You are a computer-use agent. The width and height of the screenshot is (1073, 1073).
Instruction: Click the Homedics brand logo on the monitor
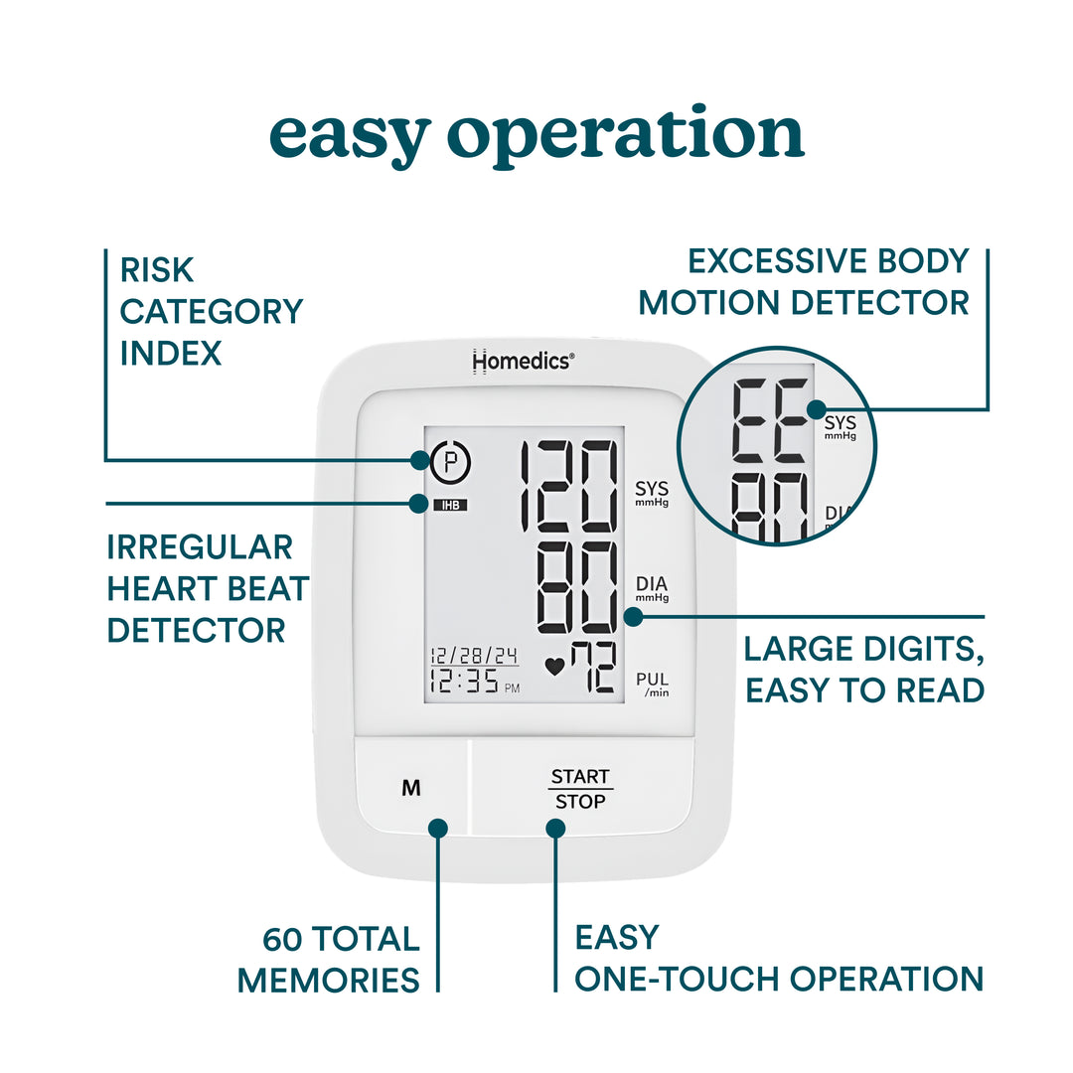(522, 362)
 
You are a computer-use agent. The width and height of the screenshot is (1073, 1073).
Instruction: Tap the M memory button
(411, 788)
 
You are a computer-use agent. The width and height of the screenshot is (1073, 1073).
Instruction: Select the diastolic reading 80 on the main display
(576, 588)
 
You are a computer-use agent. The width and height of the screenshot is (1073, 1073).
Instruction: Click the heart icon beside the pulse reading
(554, 668)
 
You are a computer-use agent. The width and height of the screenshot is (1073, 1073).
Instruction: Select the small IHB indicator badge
(449, 505)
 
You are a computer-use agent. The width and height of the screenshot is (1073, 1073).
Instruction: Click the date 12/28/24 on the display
(474, 656)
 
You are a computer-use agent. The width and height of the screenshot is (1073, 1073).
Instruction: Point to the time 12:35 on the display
(465, 683)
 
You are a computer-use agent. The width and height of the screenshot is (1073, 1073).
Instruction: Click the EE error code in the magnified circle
(769, 421)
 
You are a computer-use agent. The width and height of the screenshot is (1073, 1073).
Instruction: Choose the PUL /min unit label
(653, 685)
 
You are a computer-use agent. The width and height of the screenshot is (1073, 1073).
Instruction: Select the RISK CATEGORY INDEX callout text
(211, 311)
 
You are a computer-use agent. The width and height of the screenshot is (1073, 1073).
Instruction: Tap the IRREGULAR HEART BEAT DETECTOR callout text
(208, 588)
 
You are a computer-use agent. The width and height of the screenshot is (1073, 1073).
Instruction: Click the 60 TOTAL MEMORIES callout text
(329, 960)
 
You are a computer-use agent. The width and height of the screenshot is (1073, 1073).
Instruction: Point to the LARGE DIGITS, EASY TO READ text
(864, 669)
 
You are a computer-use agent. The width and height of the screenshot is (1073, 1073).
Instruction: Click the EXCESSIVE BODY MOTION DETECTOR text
(803, 281)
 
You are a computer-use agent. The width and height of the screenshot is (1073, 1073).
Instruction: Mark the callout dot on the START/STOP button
(555, 827)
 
